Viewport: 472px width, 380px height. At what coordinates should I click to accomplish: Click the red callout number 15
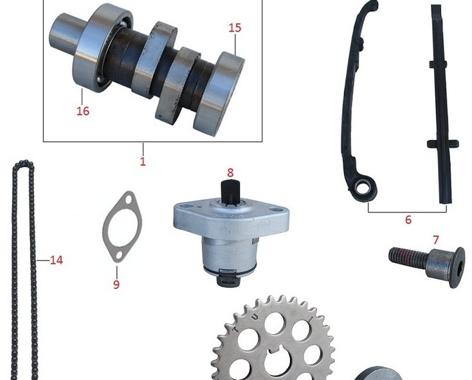(x=235, y=28)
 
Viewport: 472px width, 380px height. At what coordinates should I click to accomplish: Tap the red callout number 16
(x=83, y=111)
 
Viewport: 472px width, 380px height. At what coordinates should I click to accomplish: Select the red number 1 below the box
(x=143, y=161)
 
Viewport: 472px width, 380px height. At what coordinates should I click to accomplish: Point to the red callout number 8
(x=230, y=173)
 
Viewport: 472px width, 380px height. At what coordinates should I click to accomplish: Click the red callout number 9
(x=116, y=284)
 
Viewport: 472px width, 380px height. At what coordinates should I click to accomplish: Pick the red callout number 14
(x=57, y=260)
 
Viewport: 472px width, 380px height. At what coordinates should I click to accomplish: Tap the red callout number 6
(x=408, y=220)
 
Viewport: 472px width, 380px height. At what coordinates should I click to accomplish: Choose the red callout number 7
(x=435, y=240)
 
